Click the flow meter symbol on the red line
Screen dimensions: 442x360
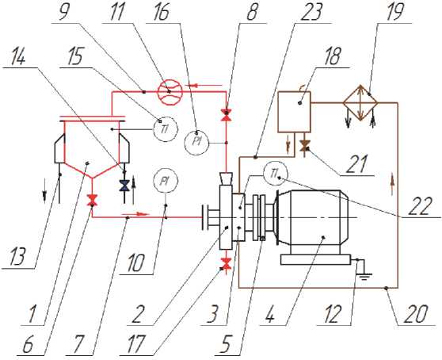point(170,91)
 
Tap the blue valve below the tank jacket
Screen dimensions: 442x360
point(124,186)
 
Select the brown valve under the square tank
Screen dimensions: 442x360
point(304,146)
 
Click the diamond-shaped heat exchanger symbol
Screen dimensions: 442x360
point(360,103)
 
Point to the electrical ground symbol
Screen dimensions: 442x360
point(364,274)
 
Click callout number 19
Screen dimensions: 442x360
point(395,11)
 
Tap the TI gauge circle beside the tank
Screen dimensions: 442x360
point(166,129)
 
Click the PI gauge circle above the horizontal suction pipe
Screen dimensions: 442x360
point(165,181)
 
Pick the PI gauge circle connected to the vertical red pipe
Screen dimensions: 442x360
point(196,142)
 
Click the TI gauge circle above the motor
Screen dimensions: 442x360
point(275,173)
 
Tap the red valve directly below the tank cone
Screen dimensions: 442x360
point(92,200)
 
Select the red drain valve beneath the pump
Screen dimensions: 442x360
point(226,264)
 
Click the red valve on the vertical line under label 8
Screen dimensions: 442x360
point(226,115)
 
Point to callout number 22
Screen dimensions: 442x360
point(421,206)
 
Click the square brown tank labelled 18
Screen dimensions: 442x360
point(295,112)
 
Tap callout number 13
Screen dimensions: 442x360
point(17,256)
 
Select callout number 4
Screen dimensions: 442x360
point(269,314)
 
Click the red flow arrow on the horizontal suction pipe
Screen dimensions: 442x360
point(136,214)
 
